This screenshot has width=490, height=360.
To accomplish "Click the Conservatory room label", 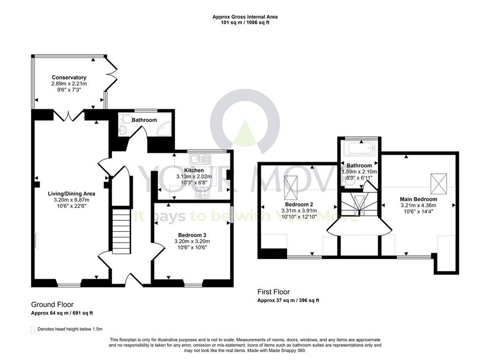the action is tap(69, 77).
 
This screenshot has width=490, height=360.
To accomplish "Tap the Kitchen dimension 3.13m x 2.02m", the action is tap(194, 177).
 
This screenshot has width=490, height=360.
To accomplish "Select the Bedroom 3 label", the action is tap(192, 235).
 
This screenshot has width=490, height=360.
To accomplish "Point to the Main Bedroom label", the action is tap(419, 199).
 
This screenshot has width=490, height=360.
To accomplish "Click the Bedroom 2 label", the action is tap(299, 205).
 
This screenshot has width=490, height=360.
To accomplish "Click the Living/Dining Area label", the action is tap(71, 194).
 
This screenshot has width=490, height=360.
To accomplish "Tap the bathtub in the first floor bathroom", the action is tap(359, 148).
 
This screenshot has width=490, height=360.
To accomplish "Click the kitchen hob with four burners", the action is tap(202, 192).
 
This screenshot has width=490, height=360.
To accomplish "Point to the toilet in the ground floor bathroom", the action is tap(125, 119).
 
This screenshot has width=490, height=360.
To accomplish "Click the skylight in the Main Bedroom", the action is tap(439, 184).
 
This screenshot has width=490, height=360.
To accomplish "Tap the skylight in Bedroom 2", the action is tap(291, 187).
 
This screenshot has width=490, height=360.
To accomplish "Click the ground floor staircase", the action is tap(121, 231).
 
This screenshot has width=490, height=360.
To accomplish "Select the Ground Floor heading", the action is tap(52, 304).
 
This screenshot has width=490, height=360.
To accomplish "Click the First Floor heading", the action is tap(274, 292).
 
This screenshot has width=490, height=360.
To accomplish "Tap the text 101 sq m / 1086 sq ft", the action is tap(245, 22).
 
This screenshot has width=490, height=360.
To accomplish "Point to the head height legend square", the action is tap(32, 330).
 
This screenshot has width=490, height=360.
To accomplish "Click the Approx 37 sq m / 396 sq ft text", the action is tap(288, 300).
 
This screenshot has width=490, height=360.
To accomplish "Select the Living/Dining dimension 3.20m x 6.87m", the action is tap(71, 200).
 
